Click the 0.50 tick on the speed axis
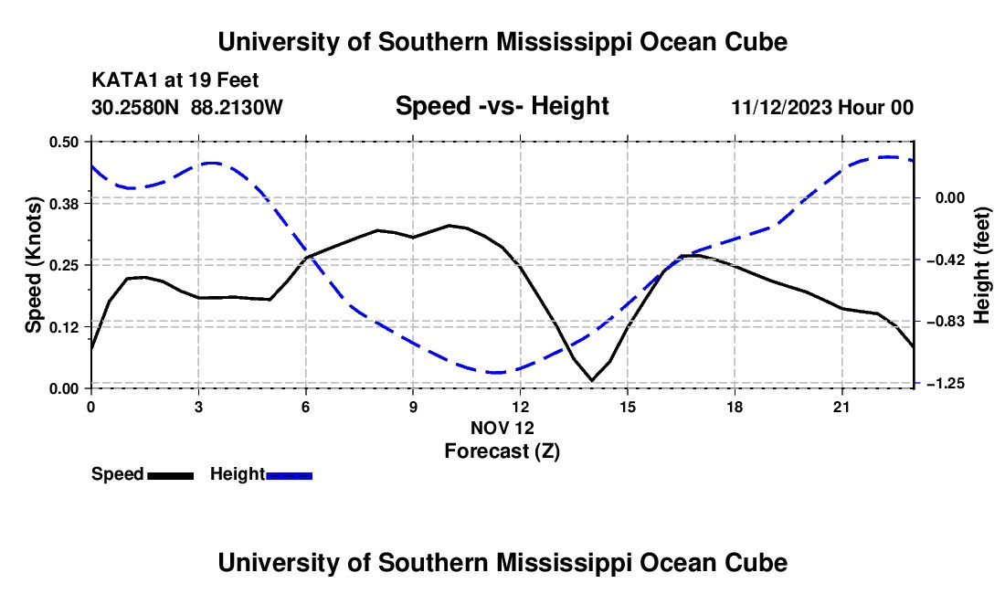point(64,142)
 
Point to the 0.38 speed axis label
point(64,204)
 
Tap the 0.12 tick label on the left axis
point(64,327)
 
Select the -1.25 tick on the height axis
point(949,383)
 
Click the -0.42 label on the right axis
point(949,260)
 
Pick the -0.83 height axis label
point(949,321)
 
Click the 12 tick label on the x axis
point(521,407)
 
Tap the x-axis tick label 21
point(841,407)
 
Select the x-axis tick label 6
point(306,407)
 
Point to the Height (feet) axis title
point(982,265)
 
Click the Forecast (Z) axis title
point(502,451)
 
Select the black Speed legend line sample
point(171,476)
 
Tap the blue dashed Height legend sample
point(289,476)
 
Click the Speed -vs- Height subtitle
point(502,106)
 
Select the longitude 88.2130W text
point(237,107)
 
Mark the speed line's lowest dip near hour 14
point(592,381)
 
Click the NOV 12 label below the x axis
point(502,428)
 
